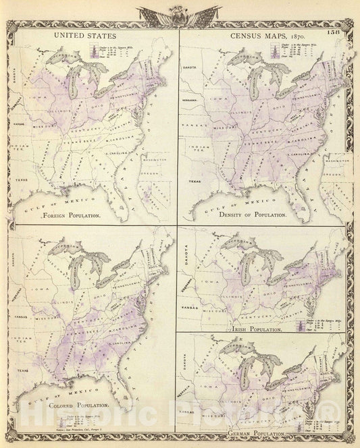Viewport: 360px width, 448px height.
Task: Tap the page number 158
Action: point(336,32)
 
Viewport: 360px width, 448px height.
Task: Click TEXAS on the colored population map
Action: point(22,370)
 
